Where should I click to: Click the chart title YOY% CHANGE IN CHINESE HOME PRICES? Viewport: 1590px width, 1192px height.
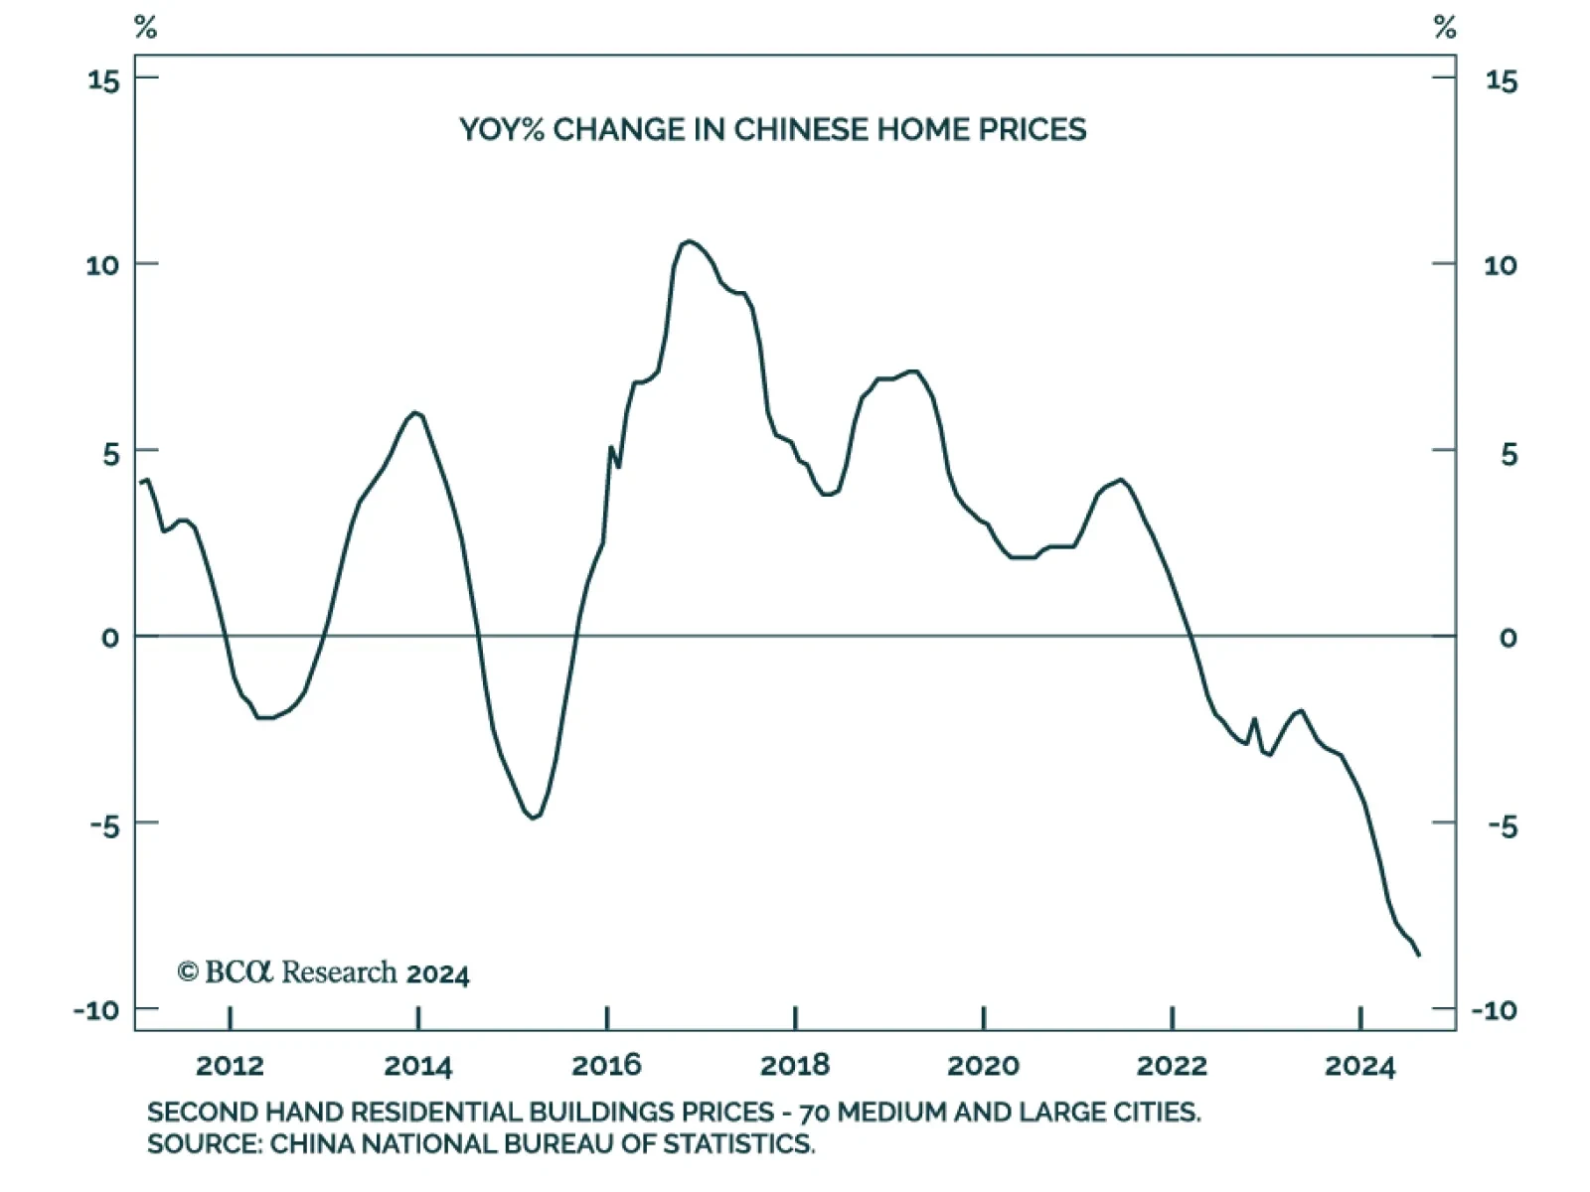(x=772, y=130)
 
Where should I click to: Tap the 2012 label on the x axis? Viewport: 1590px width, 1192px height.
(x=230, y=1067)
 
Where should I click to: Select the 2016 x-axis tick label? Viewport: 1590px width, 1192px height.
(x=606, y=1067)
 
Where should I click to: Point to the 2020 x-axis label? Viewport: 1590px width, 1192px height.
(x=983, y=1067)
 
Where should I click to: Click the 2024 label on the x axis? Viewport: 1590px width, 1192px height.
(x=1359, y=1067)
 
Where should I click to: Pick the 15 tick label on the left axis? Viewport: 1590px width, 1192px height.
(x=103, y=80)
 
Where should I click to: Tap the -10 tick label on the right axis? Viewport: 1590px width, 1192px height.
(x=1493, y=1011)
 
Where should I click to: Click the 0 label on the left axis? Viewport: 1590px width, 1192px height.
(x=110, y=638)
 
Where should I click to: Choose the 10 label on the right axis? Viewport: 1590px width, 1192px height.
(x=1501, y=265)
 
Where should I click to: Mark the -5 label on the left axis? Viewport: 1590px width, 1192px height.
(x=103, y=824)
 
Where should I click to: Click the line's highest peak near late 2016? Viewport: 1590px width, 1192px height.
(x=689, y=241)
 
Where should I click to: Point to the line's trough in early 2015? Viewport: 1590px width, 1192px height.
(x=533, y=818)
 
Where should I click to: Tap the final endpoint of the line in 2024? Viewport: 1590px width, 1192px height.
(x=1419, y=955)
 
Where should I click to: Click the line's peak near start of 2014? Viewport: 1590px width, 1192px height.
(x=415, y=412)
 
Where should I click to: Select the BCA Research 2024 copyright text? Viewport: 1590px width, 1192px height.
(x=323, y=972)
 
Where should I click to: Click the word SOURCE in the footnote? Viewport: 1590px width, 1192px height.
(x=202, y=1144)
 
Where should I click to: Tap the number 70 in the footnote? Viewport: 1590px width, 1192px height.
(x=814, y=1113)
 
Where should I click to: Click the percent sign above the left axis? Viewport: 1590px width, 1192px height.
(x=145, y=28)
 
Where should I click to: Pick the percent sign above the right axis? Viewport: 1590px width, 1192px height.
(x=1445, y=28)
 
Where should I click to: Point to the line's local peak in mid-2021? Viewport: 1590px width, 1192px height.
(x=1121, y=480)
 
